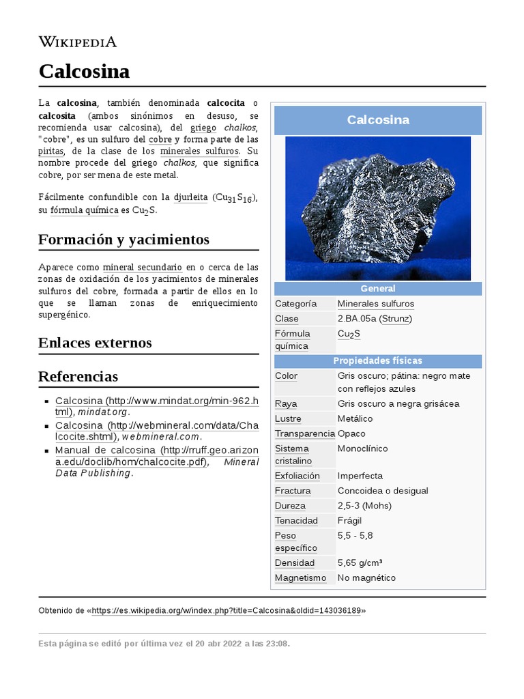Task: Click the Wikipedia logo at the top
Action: (77, 42)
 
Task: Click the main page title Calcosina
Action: (84, 71)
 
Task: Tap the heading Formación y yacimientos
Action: (123, 240)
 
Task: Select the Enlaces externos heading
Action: (95, 342)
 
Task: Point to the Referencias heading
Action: (78, 376)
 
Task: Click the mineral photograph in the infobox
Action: (377, 208)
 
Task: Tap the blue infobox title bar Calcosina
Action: (378, 120)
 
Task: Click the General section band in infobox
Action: (378, 289)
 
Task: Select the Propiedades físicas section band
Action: (378, 360)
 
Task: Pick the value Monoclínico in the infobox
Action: (362, 448)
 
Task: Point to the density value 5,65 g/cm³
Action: (360, 563)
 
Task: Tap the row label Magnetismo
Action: (300, 578)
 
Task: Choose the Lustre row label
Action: (288, 418)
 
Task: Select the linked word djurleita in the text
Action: (190, 197)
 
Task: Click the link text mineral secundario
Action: (142, 267)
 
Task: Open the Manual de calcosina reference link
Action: (106, 451)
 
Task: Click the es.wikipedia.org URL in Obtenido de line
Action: (227, 610)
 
